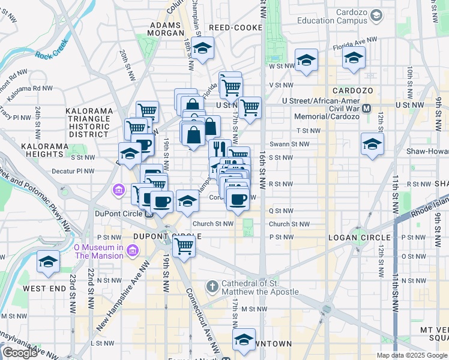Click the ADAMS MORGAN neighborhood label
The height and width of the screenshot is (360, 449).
click(x=164, y=30)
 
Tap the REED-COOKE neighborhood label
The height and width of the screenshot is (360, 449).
click(x=235, y=28)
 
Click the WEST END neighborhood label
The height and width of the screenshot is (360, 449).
click(x=45, y=289)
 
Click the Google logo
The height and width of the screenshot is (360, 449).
click(x=20, y=353)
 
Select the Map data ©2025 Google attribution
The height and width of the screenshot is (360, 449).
click(x=412, y=355)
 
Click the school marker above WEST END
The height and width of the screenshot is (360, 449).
click(x=48, y=262)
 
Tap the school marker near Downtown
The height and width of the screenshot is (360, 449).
click(x=244, y=340)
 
